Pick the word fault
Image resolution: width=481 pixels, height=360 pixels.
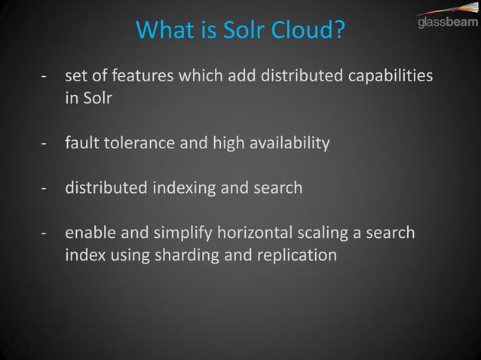coord(83,142)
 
